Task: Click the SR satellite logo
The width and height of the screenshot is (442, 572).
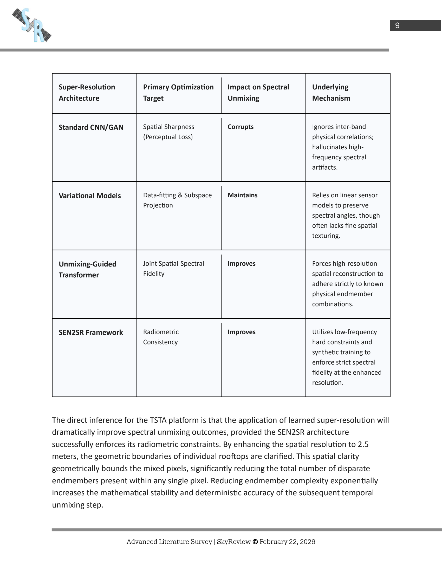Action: (x=32, y=25)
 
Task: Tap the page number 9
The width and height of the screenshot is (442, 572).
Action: (x=397, y=25)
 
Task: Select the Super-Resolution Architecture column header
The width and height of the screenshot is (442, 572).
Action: (x=87, y=93)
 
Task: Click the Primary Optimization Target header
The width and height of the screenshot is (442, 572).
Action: (x=178, y=93)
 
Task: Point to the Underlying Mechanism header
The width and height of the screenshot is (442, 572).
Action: (x=331, y=93)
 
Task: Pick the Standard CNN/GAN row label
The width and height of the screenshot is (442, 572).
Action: (x=91, y=127)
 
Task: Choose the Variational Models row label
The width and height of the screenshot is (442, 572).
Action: (x=89, y=196)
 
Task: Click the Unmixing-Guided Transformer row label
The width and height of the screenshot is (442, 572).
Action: (x=87, y=269)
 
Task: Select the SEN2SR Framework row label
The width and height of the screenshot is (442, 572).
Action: (x=90, y=332)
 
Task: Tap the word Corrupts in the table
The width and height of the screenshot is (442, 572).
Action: (x=240, y=127)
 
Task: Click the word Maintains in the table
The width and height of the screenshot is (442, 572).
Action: (x=243, y=195)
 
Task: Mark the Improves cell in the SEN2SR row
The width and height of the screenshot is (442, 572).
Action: (x=242, y=332)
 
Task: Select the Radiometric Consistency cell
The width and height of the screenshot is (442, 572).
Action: (x=161, y=337)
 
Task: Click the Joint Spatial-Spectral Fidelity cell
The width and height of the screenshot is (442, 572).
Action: (x=173, y=269)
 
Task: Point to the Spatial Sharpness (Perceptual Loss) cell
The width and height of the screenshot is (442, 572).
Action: (x=168, y=132)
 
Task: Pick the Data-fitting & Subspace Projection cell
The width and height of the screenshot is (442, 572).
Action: (x=177, y=200)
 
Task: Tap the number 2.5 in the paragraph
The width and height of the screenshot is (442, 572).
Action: (x=363, y=444)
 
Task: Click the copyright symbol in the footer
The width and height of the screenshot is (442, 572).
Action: (x=255, y=542)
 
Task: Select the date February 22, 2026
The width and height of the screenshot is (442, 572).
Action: (x=287, y=542)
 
